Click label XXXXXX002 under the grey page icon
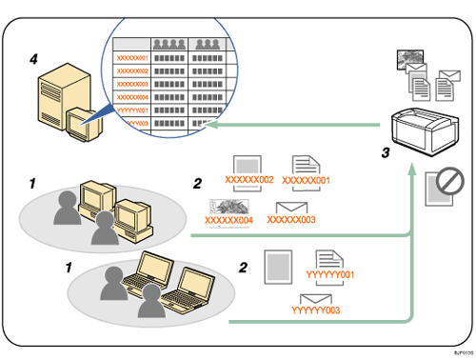point(249,179)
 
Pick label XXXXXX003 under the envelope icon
point(289,220)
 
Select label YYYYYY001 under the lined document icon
point(328,276)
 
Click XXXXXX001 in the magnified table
point(131,58)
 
